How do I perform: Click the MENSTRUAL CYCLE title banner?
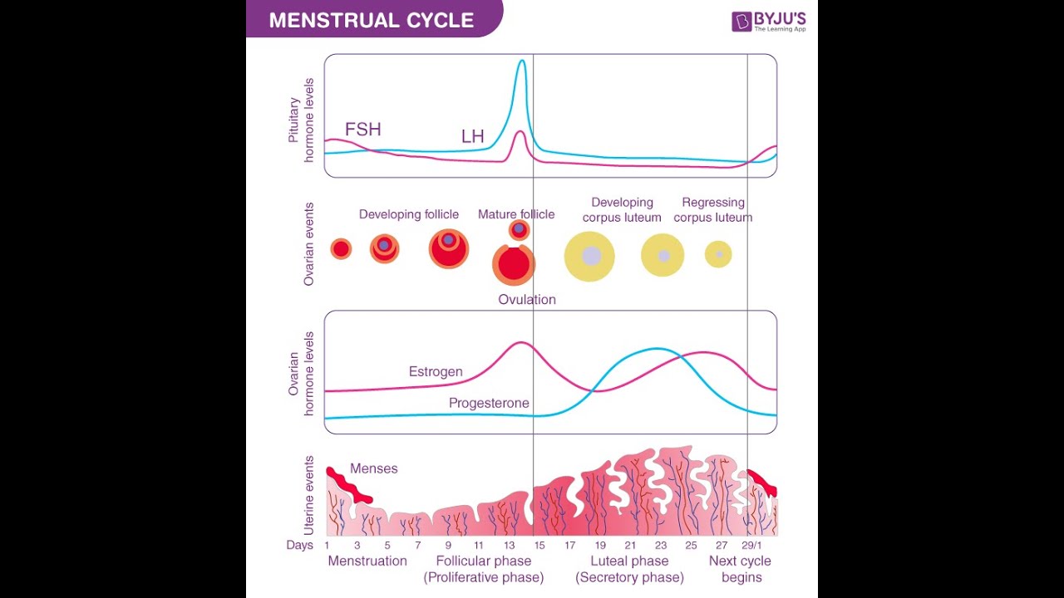pyautogui.click(x=372, y=20)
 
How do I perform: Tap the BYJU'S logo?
pyautogui.click(x=768, y=21)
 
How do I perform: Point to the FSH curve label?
pyautogui.click(x=363, y=130)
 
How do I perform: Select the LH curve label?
pyautogui.click(x=473, y=136)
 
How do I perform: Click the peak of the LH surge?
pyautogui.click(x=521, y=62)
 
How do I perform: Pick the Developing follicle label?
pyautogui.click(x=409, y=214)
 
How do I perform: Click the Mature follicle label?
pyautogui.click(x=516, y=214)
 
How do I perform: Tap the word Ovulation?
pyautogui.click(x=527, y=299)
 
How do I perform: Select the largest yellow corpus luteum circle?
pyautogui.click(x=589, y=256)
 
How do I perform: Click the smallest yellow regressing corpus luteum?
pyautogui.click(x=718, y=254)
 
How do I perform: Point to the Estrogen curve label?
pyautogui.click(x=436, y=371)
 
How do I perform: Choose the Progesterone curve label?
pyautogui.click(x=489, y=403)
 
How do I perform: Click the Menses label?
pyautogui.click(x=374, y=468)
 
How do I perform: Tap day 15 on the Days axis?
pyautogui.click(x=539, y=545)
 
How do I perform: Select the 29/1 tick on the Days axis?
pyautogui.click(x=751, y=545)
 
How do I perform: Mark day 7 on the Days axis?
pyautogui.click(x=418, y=545)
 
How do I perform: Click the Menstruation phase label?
pyautogui.click(x=367, y=561)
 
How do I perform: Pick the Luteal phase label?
pyautogui.click(x=629, y=561)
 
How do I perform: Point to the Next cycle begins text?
pyautogui.click(x=740, y=569)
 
